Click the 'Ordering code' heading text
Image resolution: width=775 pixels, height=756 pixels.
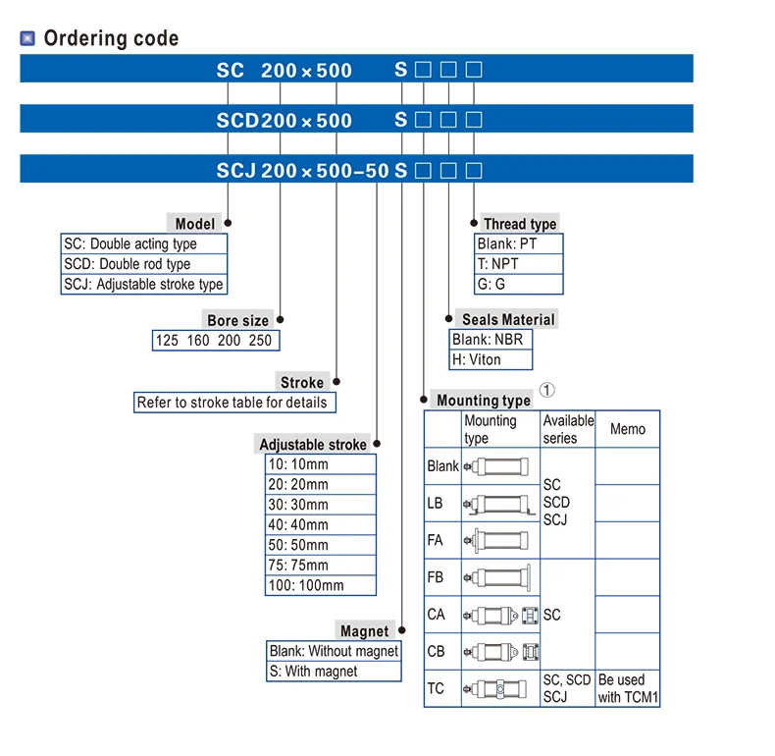pyautogui.click(x=111, y=38)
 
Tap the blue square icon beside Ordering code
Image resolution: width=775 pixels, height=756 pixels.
pyautogui.click(x=27, y=38)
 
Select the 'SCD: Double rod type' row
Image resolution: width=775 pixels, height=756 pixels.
pyautogui.click(x=144, y=264)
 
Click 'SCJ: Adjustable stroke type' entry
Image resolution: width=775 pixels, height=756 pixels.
pyautogui.click(x=144, y=284)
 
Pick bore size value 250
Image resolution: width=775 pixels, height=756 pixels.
pyautogui.click(x=260, y=341)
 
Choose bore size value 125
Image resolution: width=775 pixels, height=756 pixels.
pyautogui.click(x=167, y=341)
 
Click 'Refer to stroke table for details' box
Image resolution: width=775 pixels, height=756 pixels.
pyautogui.click(x=234, y=403)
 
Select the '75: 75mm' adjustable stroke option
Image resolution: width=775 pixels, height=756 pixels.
pyautogui.click(x=320, y=565)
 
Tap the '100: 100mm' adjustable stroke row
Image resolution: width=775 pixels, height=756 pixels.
pyautogui.click(x=320, y=585)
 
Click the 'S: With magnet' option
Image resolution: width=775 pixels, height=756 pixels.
pyautogui.click(x=334, y=672)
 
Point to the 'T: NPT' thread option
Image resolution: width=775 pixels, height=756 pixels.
pyautogui.click(x=519, y=264)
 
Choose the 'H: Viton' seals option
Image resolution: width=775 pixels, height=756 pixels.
pyautogui.click(x=491, y=359)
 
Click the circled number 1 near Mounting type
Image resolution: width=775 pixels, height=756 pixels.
pyautogui.click(x=546, y=390)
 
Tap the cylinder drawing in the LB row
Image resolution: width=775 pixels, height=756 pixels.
pyautogui.click(x=499, y=505)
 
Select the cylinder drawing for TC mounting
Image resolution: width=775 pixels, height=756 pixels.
pyautogui.click(x=495, y=688)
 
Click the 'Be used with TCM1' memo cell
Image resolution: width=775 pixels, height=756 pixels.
pyautogui.click(x=628, y=688)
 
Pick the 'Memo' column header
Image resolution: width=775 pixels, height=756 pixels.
pyautogui.click(x=628, y=429)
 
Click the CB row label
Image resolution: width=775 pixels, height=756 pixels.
pyautogui.click(x=436, y=651)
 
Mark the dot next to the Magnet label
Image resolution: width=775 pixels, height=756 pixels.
pyautogui.click(x=402, y=629)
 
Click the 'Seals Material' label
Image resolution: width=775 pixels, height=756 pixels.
pyautogui.click(x=508, y=320)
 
